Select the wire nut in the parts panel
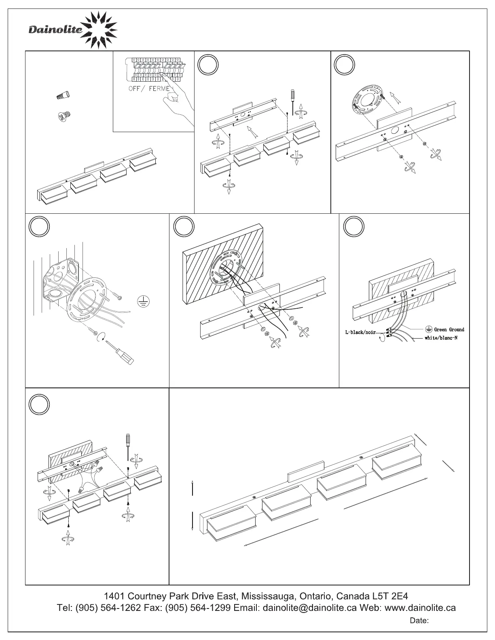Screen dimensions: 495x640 point(63,96)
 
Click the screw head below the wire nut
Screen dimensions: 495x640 point(63,117)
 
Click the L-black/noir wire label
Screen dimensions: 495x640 point(360,333)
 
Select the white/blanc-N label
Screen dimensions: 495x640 point(441,338)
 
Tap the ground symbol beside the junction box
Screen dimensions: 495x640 point(142,301)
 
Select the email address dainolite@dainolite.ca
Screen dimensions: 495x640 point(310,608)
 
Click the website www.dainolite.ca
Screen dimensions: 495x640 point(420,608)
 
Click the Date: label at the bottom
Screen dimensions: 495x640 point(419,621)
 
